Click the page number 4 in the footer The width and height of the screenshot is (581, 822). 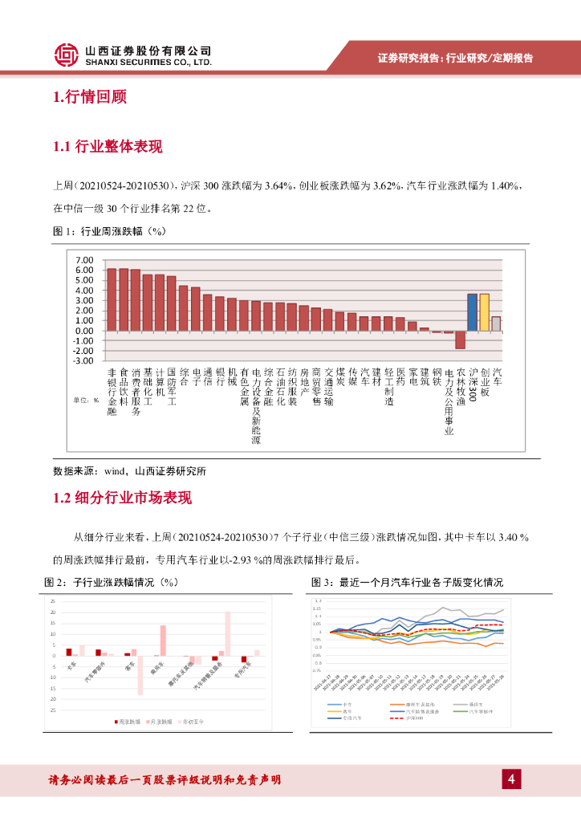pos(511,779)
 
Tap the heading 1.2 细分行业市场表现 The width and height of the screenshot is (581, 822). pos(122,498)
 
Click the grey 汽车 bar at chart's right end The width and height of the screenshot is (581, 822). pos(496,324)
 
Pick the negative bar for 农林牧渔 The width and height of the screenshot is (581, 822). pos(460,340)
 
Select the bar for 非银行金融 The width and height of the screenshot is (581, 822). pos(112,299)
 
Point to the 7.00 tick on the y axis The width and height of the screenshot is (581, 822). pos(83,260)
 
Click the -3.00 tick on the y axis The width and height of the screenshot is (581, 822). pos(83,360)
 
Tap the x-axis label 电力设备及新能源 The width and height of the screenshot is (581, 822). pos(256,405)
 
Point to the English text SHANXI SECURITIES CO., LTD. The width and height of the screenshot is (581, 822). pos(148,61)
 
